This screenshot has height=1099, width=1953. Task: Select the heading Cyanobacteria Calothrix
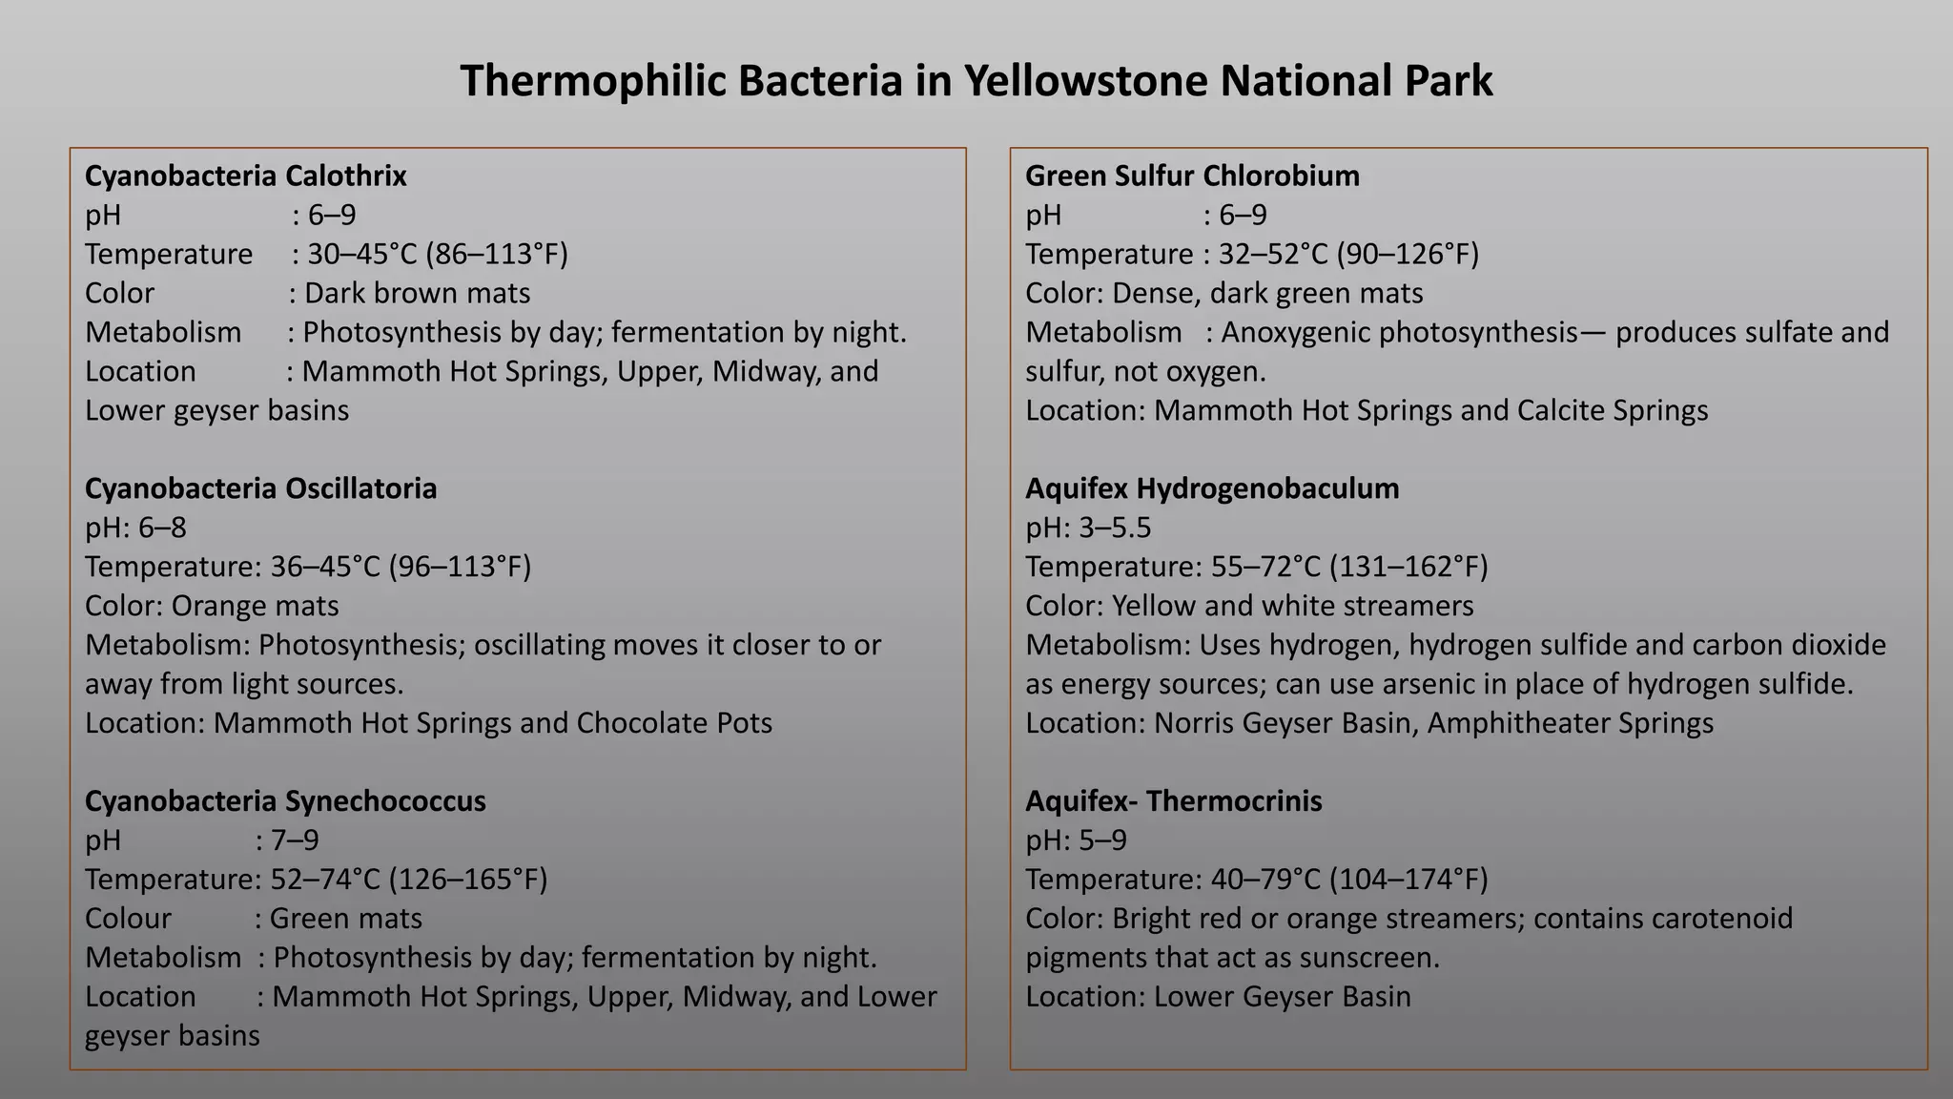point(246,176)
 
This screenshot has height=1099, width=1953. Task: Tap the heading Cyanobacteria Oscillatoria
point(260,488)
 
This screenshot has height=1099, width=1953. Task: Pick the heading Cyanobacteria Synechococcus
point(285,801)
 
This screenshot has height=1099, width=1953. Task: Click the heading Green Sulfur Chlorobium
point(1192,176)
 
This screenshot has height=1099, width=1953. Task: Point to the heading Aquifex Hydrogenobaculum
point(1212,488)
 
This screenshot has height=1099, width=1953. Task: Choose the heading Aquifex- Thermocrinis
point(1173,801)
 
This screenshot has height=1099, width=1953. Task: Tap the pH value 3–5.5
point(1115,528)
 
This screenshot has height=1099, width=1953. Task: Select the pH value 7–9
point(295,840)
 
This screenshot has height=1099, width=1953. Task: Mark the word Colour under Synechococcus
point(128,919)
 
